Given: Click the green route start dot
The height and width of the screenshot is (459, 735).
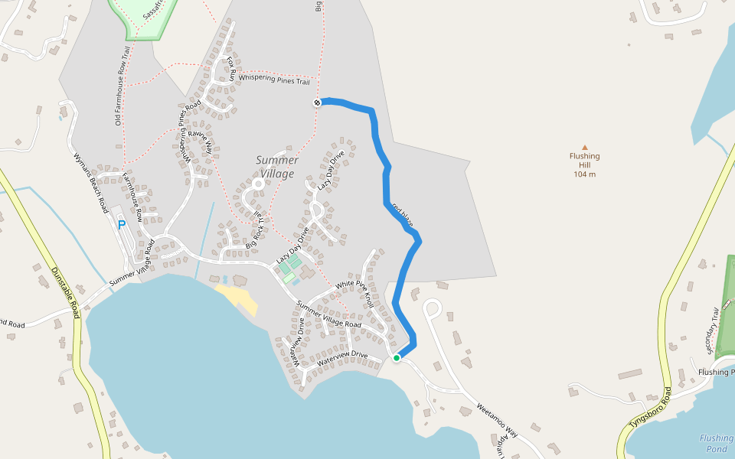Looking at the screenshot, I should (397, 358).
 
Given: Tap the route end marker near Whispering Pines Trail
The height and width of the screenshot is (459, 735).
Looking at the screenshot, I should (317, 103).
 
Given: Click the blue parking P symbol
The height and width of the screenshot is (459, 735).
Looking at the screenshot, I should (121, 225).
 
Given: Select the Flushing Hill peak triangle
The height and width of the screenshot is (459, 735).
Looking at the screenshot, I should (585, 147).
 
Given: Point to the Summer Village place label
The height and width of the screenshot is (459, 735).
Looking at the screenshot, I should (277, 167).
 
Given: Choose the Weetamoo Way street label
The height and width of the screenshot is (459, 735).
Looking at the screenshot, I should (497, 420).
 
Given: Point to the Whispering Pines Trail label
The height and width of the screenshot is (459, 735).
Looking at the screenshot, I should (274, 79).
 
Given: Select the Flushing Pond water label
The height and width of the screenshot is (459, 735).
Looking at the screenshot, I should (716, 444).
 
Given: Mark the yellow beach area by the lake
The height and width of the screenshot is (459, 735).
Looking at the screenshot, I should (237, 298).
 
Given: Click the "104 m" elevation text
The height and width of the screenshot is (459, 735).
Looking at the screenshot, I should (585, 174).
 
